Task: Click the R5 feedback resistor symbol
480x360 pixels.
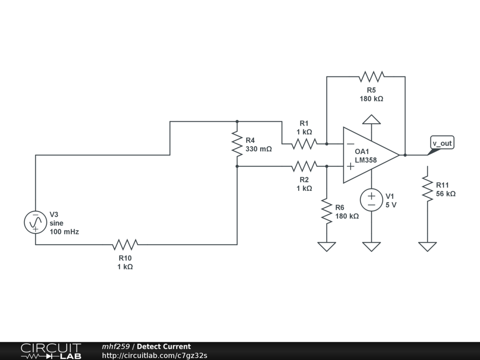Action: (x=371, y=77)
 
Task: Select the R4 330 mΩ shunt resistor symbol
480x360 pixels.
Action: (x=237, y=144)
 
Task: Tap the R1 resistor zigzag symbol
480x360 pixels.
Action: (x=304, y=143)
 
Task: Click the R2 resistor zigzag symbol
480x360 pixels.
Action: (x=304, y=166)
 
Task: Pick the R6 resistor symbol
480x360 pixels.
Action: (x=327, y=211)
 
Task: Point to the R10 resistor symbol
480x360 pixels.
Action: (x=125, y=245)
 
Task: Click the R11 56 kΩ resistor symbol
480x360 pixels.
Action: (x=427, y=188)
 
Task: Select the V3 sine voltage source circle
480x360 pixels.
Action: (x=36, y=222)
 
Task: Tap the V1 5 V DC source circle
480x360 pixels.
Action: (x=371, y=200)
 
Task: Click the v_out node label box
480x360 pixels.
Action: (x=442, y=143)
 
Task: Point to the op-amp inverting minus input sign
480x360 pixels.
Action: (x=351, y=143)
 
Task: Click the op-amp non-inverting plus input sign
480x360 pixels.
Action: (x=351, y=166)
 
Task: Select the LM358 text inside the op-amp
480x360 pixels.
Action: (x=366, y=160)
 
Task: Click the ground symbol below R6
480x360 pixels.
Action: (x=327, y=247)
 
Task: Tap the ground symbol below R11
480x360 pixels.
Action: (x=427, y=247)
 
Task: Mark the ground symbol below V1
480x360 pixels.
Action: (x=371, y=247)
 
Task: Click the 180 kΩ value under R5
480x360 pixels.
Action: (x=371, y=99)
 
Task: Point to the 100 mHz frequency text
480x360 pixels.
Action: (x=64, y=232)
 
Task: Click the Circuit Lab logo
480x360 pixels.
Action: (x=51, y=351)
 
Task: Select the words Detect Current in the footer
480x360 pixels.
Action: (x=164, y=346)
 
